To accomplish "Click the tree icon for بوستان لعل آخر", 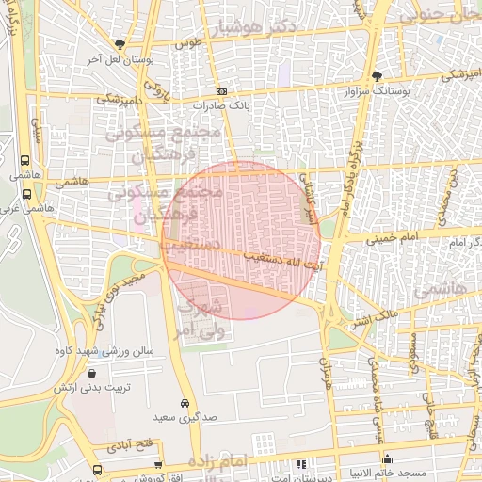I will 119,43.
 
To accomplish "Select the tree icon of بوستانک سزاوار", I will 378,75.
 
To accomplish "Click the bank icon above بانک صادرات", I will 221,91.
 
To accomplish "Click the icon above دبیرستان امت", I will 300,464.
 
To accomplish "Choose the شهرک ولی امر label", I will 201,317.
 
